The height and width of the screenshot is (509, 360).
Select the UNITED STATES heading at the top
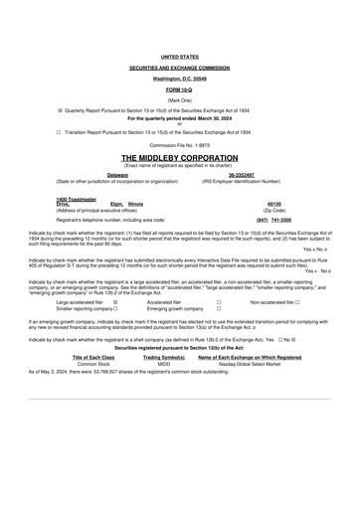click(x=179, y=59)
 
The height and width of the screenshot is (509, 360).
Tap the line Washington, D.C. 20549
click(x=179, y=77)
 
